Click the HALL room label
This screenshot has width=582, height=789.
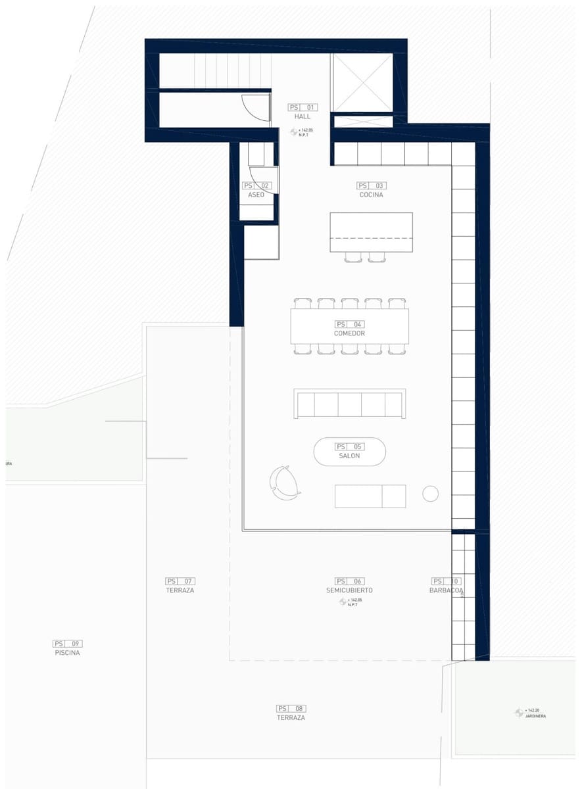click(x=303, y=116)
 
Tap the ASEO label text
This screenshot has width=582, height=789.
click(x=256, y=195)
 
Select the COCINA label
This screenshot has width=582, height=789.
click(x=372, y=195)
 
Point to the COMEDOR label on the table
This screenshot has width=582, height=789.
click(x=349, y=333)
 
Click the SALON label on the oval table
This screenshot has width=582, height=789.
click(x=349, y=456)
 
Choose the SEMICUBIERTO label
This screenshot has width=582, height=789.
click(x=349, y=590)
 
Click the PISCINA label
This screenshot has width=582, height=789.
click(x=68, y=653)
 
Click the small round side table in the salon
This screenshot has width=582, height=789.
click(x=430, y=494)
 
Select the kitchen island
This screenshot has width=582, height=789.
click(x=371, y=231)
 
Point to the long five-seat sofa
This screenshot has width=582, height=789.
click(x=349, y=403)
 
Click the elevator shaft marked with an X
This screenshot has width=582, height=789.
click(x=362, y=84)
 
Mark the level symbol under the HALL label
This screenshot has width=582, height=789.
click(x=294, y=132)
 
